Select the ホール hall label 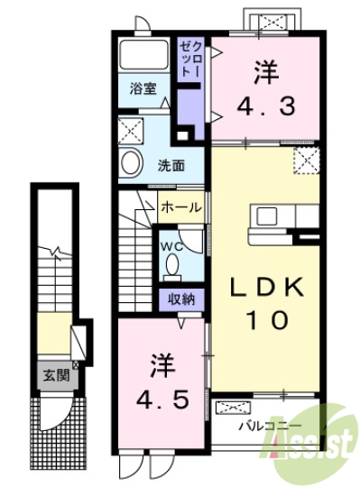(180, 207)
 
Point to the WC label (172, 245)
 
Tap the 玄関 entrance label (51, 372)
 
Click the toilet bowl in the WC (173, 265)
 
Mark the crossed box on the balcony (236, 406)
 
